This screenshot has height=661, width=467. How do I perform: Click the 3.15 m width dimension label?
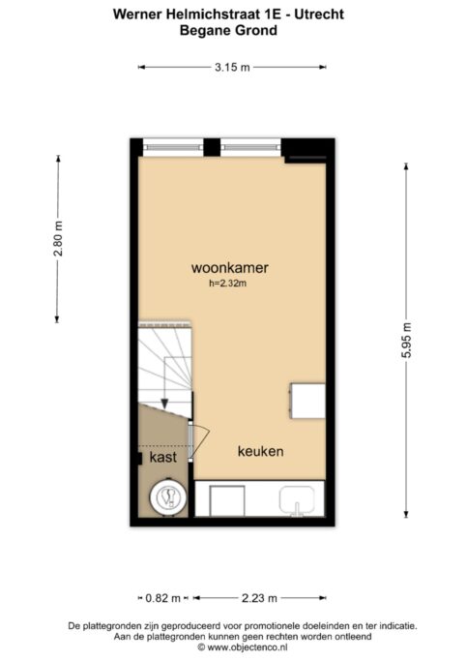pyautogui.click(x=232, y=67)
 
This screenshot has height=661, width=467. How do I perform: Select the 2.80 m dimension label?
pyautogui.click(x=58, y=239)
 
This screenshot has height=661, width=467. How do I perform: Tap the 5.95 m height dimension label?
pyautogui.click(x=406, y=341)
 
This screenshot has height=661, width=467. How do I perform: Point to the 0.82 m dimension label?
pyautogui.click(x=163, y=598)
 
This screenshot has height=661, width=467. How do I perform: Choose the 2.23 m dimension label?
pyautogui.click(x=259, y=598)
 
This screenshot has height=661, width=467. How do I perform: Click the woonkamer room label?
pyautogui.click(x=230, y=268)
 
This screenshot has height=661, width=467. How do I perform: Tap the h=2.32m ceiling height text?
pyautogui.click(x=228, y=284)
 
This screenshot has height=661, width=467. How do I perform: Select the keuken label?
pyautogui.click(x=261, y=452)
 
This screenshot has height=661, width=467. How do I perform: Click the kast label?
pyautogui.click(x=163, y=457)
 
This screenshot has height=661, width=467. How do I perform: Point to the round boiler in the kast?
pyautogui.click(x=169, y=497)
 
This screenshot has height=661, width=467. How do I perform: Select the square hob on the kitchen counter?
pyautogui.click(x=227, y=500)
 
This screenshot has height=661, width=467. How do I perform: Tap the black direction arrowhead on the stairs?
pyautogui.click(x=164, y=404)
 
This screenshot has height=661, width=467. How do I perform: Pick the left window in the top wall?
pyautogui.click(x=173, y=147)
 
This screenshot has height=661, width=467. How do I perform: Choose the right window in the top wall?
pyautogui.click(x=250, y=147)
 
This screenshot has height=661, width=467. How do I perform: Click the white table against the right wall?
pyautogui.click(x=306, y=401)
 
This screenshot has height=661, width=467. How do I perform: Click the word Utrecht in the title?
pyautogui.click(x=319, y=14)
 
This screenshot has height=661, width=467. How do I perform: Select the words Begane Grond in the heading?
pyautogui.click(x=228, y=30)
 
